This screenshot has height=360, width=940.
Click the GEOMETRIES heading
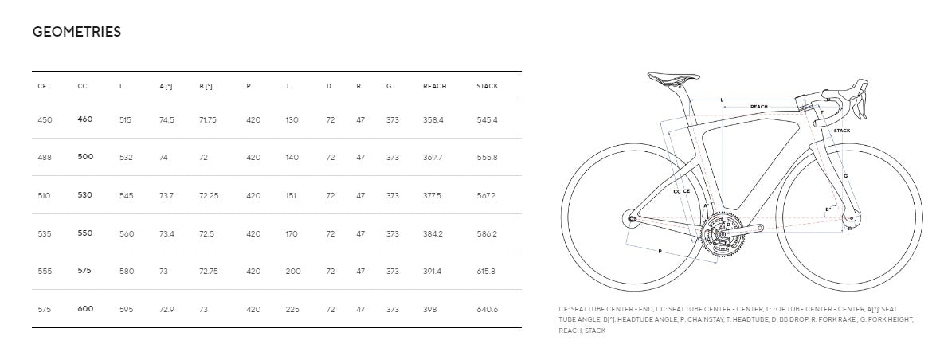tap(76, 32)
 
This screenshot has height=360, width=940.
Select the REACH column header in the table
tap(435, 86)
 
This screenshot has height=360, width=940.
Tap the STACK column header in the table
tap(488, 86)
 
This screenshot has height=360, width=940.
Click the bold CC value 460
tap(85, 119)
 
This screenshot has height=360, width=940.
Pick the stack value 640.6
tap(487, 310)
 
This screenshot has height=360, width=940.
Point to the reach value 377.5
tap(432, 196)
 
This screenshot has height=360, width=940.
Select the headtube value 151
tap(291, 196)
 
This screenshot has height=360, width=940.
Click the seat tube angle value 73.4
tap(166, 233)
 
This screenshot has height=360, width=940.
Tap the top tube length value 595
tap(126, 310)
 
